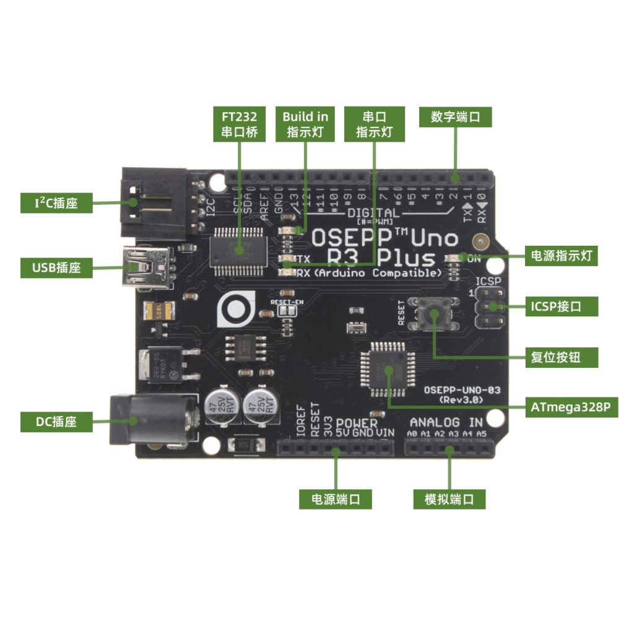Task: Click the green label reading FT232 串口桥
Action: pyautogui.click(x=239, y=124)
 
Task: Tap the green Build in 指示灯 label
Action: pyautogui.click(x=305, y=124)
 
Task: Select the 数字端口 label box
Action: pyautogui.click(x=456, y=117)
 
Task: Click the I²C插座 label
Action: pyautogui.click(x=56, y=202)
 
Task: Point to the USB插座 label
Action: pyautogui.click(x=56, y=268)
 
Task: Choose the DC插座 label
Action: pyautogui.click(x=56, y=422)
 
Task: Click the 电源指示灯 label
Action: pyautogui.click(x=561, y=255)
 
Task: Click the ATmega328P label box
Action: pyautogui.click(x=574, y=407)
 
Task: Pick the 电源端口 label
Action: pyautogui.click(x=336, y=499)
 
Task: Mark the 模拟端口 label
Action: pyautogui.click(x=449, y=499)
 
